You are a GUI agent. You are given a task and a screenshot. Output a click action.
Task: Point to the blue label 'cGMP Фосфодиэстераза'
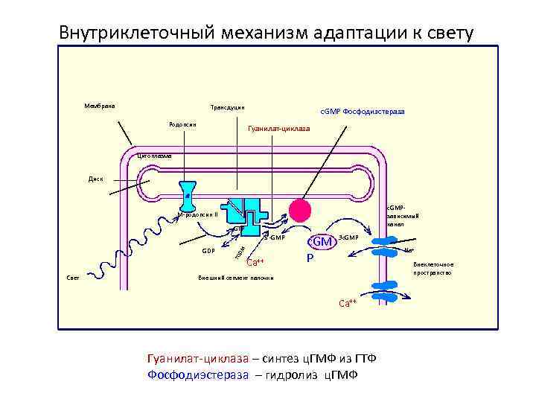click(x=363, y=112)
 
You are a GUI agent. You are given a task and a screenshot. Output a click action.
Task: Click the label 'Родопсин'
click(x=182, y=124)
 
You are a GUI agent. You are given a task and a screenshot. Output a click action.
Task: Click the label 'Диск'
click(x=96, y=179)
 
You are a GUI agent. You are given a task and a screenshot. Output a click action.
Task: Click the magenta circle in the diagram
click(x=300, y=211)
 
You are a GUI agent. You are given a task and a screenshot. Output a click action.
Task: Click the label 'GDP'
click(x=208, y=251)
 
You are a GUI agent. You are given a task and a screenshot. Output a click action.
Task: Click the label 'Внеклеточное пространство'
click(x=433, y=268)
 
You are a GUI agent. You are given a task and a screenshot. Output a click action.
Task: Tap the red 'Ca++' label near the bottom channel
click(x=347, y=303)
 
